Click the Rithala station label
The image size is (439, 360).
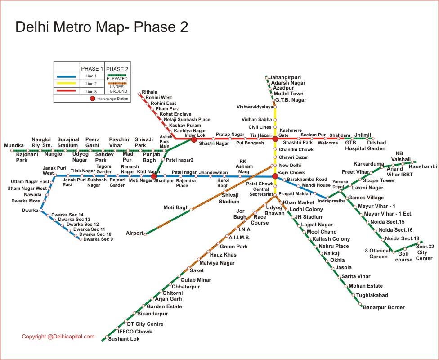(x=149, y=92)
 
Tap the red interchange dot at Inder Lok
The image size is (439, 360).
(x=194, y=139)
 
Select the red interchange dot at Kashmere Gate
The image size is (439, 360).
(x=275, y=139)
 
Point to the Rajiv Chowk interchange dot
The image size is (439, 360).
(x=275, y=176)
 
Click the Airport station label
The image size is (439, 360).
(x=134, y=233)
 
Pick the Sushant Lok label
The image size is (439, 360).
(x=124, y=339)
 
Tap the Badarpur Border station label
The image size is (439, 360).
(x=384, y=307)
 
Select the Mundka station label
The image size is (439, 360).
(x=14, y=145)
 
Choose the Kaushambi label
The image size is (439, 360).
(x=423, y=167)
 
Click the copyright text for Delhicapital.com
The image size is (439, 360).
(x=58, y=337)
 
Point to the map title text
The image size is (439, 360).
(x=102, y=27)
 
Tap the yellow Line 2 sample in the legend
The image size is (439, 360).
(x=67, y=84)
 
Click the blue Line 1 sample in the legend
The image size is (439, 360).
(x=67, y=76)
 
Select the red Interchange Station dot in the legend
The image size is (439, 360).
(x=93, y=99)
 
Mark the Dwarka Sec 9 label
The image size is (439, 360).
(x=98, y=239)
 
